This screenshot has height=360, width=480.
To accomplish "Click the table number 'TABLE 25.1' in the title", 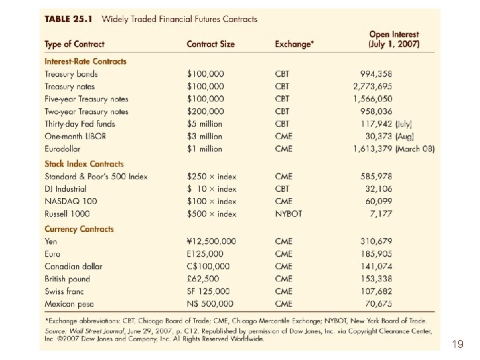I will pos(69,19).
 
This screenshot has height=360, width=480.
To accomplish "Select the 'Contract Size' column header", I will pos(211,44).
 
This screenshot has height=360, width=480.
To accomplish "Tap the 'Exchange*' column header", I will pos(293,44).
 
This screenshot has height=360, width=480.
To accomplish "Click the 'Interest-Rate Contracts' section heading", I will pos(85,61).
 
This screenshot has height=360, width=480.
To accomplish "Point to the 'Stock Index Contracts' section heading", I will pos(84,163).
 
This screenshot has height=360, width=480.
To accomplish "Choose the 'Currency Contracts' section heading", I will pos(79,229).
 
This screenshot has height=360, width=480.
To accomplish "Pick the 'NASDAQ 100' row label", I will pos(71,201).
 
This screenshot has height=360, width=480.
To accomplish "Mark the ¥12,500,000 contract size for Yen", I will pos(211,241).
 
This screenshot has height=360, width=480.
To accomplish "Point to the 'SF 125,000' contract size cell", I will pos(209,291).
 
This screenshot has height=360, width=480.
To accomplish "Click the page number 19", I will pos(458,344).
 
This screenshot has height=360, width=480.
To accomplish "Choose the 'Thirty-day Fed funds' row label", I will pos(80,124).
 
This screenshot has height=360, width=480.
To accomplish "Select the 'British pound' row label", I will pos(67,279).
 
